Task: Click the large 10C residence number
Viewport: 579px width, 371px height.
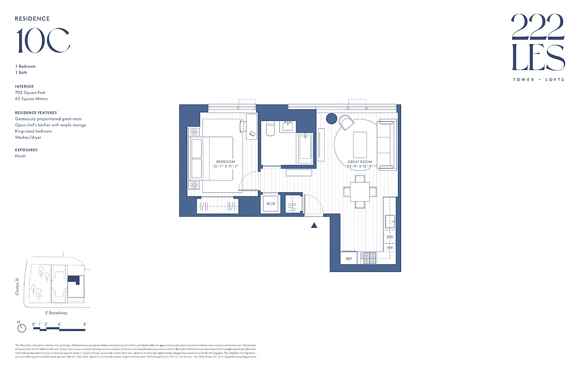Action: [43, 41]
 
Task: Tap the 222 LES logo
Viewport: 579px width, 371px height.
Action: [538, 42]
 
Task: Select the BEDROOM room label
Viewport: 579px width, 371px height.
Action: [225, 162]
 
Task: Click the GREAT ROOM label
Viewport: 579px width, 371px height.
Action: [360, 162]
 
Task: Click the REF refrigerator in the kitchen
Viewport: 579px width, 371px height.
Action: [349, 258]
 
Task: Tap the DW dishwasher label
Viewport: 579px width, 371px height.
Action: [390, 237]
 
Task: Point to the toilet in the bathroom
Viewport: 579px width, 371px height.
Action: [269, 130]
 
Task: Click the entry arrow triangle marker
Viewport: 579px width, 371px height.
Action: [314, 225]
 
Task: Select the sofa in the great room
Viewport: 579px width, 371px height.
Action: [386, 145]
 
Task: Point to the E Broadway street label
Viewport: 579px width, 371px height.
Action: [56, 313]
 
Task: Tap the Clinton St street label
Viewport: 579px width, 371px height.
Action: [18, 286]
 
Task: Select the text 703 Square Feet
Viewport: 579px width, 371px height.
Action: [30, 92]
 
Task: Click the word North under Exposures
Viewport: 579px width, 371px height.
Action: [20, 156]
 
